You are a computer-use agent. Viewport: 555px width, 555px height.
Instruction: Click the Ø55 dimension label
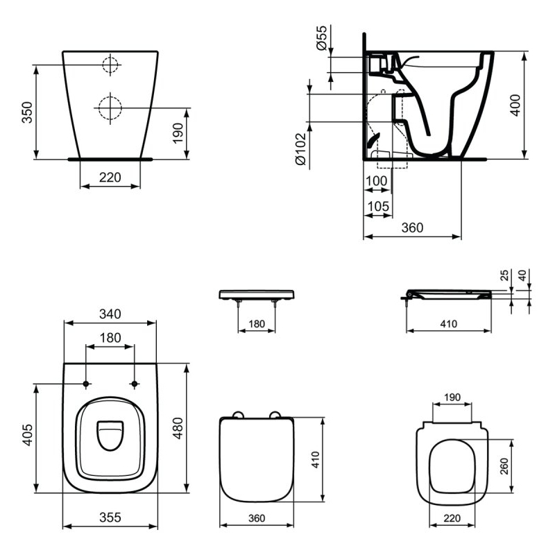click(x=321, y=38)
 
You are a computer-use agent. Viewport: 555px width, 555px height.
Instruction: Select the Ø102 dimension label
click(x=300, y=149)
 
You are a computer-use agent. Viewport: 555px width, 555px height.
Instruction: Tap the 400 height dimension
click(x=515, y=105)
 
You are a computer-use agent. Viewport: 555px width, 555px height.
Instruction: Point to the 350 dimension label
click(x=27, y=112)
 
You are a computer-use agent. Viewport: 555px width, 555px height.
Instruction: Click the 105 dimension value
click(x=378, y=206)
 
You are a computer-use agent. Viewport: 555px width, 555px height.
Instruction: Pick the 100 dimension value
click(x=376, y=181)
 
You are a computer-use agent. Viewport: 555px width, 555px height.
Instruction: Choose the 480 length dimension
click(x=178, y=428)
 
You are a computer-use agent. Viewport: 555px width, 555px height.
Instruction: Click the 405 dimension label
click(x=27, y=435)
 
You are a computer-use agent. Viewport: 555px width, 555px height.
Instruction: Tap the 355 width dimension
click(x=110, y=517)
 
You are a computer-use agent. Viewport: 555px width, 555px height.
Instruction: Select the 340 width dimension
click(x=110, y=314)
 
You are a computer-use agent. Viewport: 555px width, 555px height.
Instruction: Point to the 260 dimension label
click(x=504, y=466)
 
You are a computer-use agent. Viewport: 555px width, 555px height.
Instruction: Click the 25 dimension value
click(x=504, y=275)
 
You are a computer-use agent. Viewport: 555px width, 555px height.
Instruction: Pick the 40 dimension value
click(x=522, y=275)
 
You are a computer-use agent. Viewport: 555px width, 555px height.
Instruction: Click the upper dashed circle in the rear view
click(x=110, y=58)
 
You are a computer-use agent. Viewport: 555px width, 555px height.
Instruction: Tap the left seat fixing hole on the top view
click(x=85, y=384)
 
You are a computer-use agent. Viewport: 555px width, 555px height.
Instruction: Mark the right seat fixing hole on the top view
click(x=134, y=384)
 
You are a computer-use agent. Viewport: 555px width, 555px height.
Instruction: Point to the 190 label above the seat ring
click(x=452, y=397)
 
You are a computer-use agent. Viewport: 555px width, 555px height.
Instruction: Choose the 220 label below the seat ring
click(x=452, y=518)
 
